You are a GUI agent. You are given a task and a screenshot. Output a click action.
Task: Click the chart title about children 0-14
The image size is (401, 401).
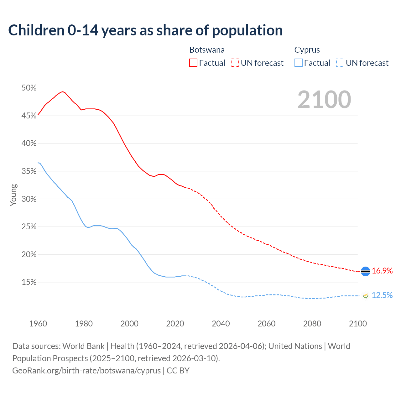pyautogui.click(x=145, y=30)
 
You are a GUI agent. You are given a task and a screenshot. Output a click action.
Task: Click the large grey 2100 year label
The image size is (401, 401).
pyautogui.click(x=324, y=100)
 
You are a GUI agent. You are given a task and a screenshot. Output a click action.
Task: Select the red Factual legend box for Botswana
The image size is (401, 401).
pyautogui.click(x=193, y=63)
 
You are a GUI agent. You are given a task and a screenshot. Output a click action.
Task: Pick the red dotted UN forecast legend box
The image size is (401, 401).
pyautogui.click(x=235, y=63)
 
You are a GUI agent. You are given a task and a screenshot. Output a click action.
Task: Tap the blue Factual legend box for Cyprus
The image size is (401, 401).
pyautogui.click(x=299, y=63)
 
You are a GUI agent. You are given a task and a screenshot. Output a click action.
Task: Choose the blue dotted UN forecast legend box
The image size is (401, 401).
pyautogui.click(x=340, y=63)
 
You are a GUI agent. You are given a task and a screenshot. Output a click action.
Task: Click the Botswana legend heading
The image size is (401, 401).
pyautogui.click(x=207, y=50)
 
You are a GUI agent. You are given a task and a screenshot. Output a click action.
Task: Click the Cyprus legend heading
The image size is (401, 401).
pyautogui.click(x=307, y=50)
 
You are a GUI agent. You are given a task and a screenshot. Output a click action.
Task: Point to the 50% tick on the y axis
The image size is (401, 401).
pyautogui.click(x=29, y=88)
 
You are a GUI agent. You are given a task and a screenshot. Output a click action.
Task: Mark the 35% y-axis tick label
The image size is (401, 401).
pyautogui.click(x=29, y=171)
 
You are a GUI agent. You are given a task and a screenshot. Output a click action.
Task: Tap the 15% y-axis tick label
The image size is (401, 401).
pyautogui.click(x=29, y=282)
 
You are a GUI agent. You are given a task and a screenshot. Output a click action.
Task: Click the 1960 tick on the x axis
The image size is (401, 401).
pyautogui.click(x=38, y=324)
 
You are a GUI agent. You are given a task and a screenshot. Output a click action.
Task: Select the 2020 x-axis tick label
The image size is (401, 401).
pyautogui.click(x=175, y=324)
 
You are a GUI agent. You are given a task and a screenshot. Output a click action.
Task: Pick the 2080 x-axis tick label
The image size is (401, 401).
pyautogui.click(x=312, y=324)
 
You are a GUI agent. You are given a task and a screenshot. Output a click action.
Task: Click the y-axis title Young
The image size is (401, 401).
pyautogui.click(x=13, y=195)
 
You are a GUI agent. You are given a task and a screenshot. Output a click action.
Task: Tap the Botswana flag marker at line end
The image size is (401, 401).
pyautogui.click(x=366, y=271)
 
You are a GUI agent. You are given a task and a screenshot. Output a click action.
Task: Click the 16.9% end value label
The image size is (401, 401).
pyautogui.click(x=382, y=271)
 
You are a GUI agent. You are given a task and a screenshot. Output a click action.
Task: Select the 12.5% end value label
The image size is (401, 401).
pyautogui.click(x=382, y=295)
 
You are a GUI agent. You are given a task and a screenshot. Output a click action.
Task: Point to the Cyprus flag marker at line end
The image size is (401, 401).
pyautogui.click(x=365, y=295)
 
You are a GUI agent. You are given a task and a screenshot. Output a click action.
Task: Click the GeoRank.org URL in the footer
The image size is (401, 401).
pyautogui.click(x=86, y=371)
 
